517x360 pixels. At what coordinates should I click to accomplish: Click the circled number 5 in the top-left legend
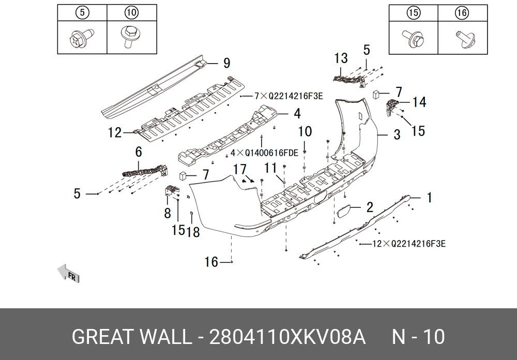coord(82,13)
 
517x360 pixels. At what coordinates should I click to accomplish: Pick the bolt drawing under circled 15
coord(412,37)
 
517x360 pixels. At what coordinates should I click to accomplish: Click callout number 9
coord(226,64)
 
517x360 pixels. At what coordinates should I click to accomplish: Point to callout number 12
coord(114,133)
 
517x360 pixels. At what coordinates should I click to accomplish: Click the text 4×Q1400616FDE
coord(264,153)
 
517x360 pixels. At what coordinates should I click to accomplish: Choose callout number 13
coord(341,58)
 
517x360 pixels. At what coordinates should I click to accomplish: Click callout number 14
coord(419,102)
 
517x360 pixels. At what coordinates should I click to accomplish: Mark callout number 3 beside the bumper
coord(397,135)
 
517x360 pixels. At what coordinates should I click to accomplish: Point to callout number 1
coord(429,198)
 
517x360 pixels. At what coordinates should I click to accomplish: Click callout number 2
coord(369,208)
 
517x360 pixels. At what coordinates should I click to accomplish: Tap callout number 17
coord(240,169)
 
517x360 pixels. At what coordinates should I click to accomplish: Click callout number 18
coord(193,232)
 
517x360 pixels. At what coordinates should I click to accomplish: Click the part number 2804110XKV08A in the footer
coord(287,337)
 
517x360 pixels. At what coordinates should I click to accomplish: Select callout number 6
coord(139,152)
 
